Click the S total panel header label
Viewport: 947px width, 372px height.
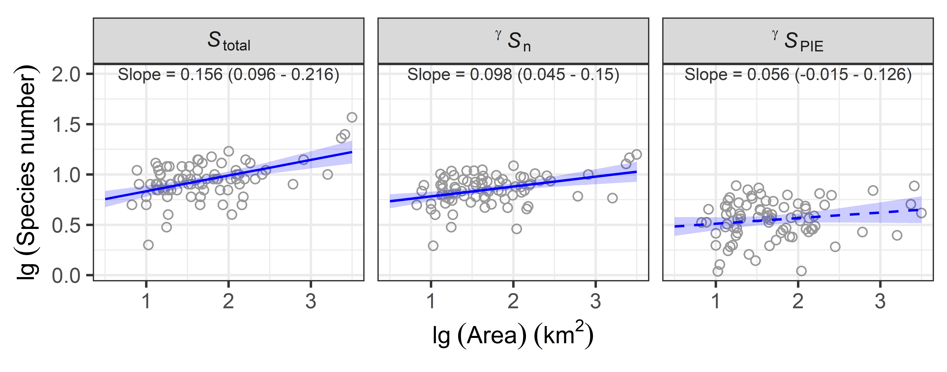(229, 41)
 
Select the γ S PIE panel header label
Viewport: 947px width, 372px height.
(798, 41)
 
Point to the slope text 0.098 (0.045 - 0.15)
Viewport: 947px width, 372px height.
(513, 75)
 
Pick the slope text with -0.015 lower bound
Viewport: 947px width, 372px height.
(798, 75)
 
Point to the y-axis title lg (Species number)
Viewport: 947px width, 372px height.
(26, 173)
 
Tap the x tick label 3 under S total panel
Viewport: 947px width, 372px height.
(311, 301)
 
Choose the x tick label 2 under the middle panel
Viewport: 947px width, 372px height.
(513, 301)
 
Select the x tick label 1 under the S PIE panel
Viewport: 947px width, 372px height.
(715, 301)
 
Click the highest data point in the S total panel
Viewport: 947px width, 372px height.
(352, 117)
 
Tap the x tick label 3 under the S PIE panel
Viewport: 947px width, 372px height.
(880, 301)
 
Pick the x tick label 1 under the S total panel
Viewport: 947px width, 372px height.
(146, 301)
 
